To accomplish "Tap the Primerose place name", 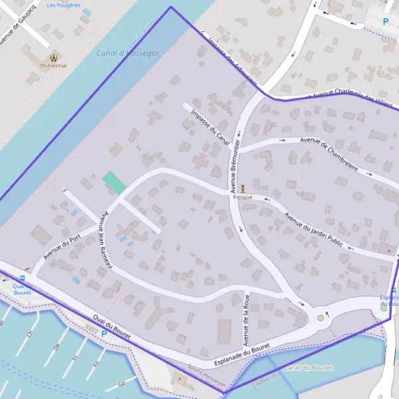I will pyautogui.click(x=53, y=66).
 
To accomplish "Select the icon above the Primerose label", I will pyautogui.click(x=53, y=57).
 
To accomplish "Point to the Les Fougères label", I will pyautogui.click(x=64, y=5).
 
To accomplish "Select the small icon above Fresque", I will pyautogui.click(x=242, y=188).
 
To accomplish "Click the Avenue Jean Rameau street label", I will pyautogui.click(x=105, y=239).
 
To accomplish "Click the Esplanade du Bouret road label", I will pyautogui.click(x=242, y=355).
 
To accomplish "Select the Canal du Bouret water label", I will pyautogui.click(x=308, y=368).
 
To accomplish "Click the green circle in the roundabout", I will pyautogui.click(x=321, y=318).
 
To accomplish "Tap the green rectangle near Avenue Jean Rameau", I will pyautogui.click(x=114, y=182).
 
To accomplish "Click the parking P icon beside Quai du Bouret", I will pyautogui.click(x=103, y=334).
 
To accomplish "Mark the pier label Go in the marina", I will pyautogui.click(x=121, y=384).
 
